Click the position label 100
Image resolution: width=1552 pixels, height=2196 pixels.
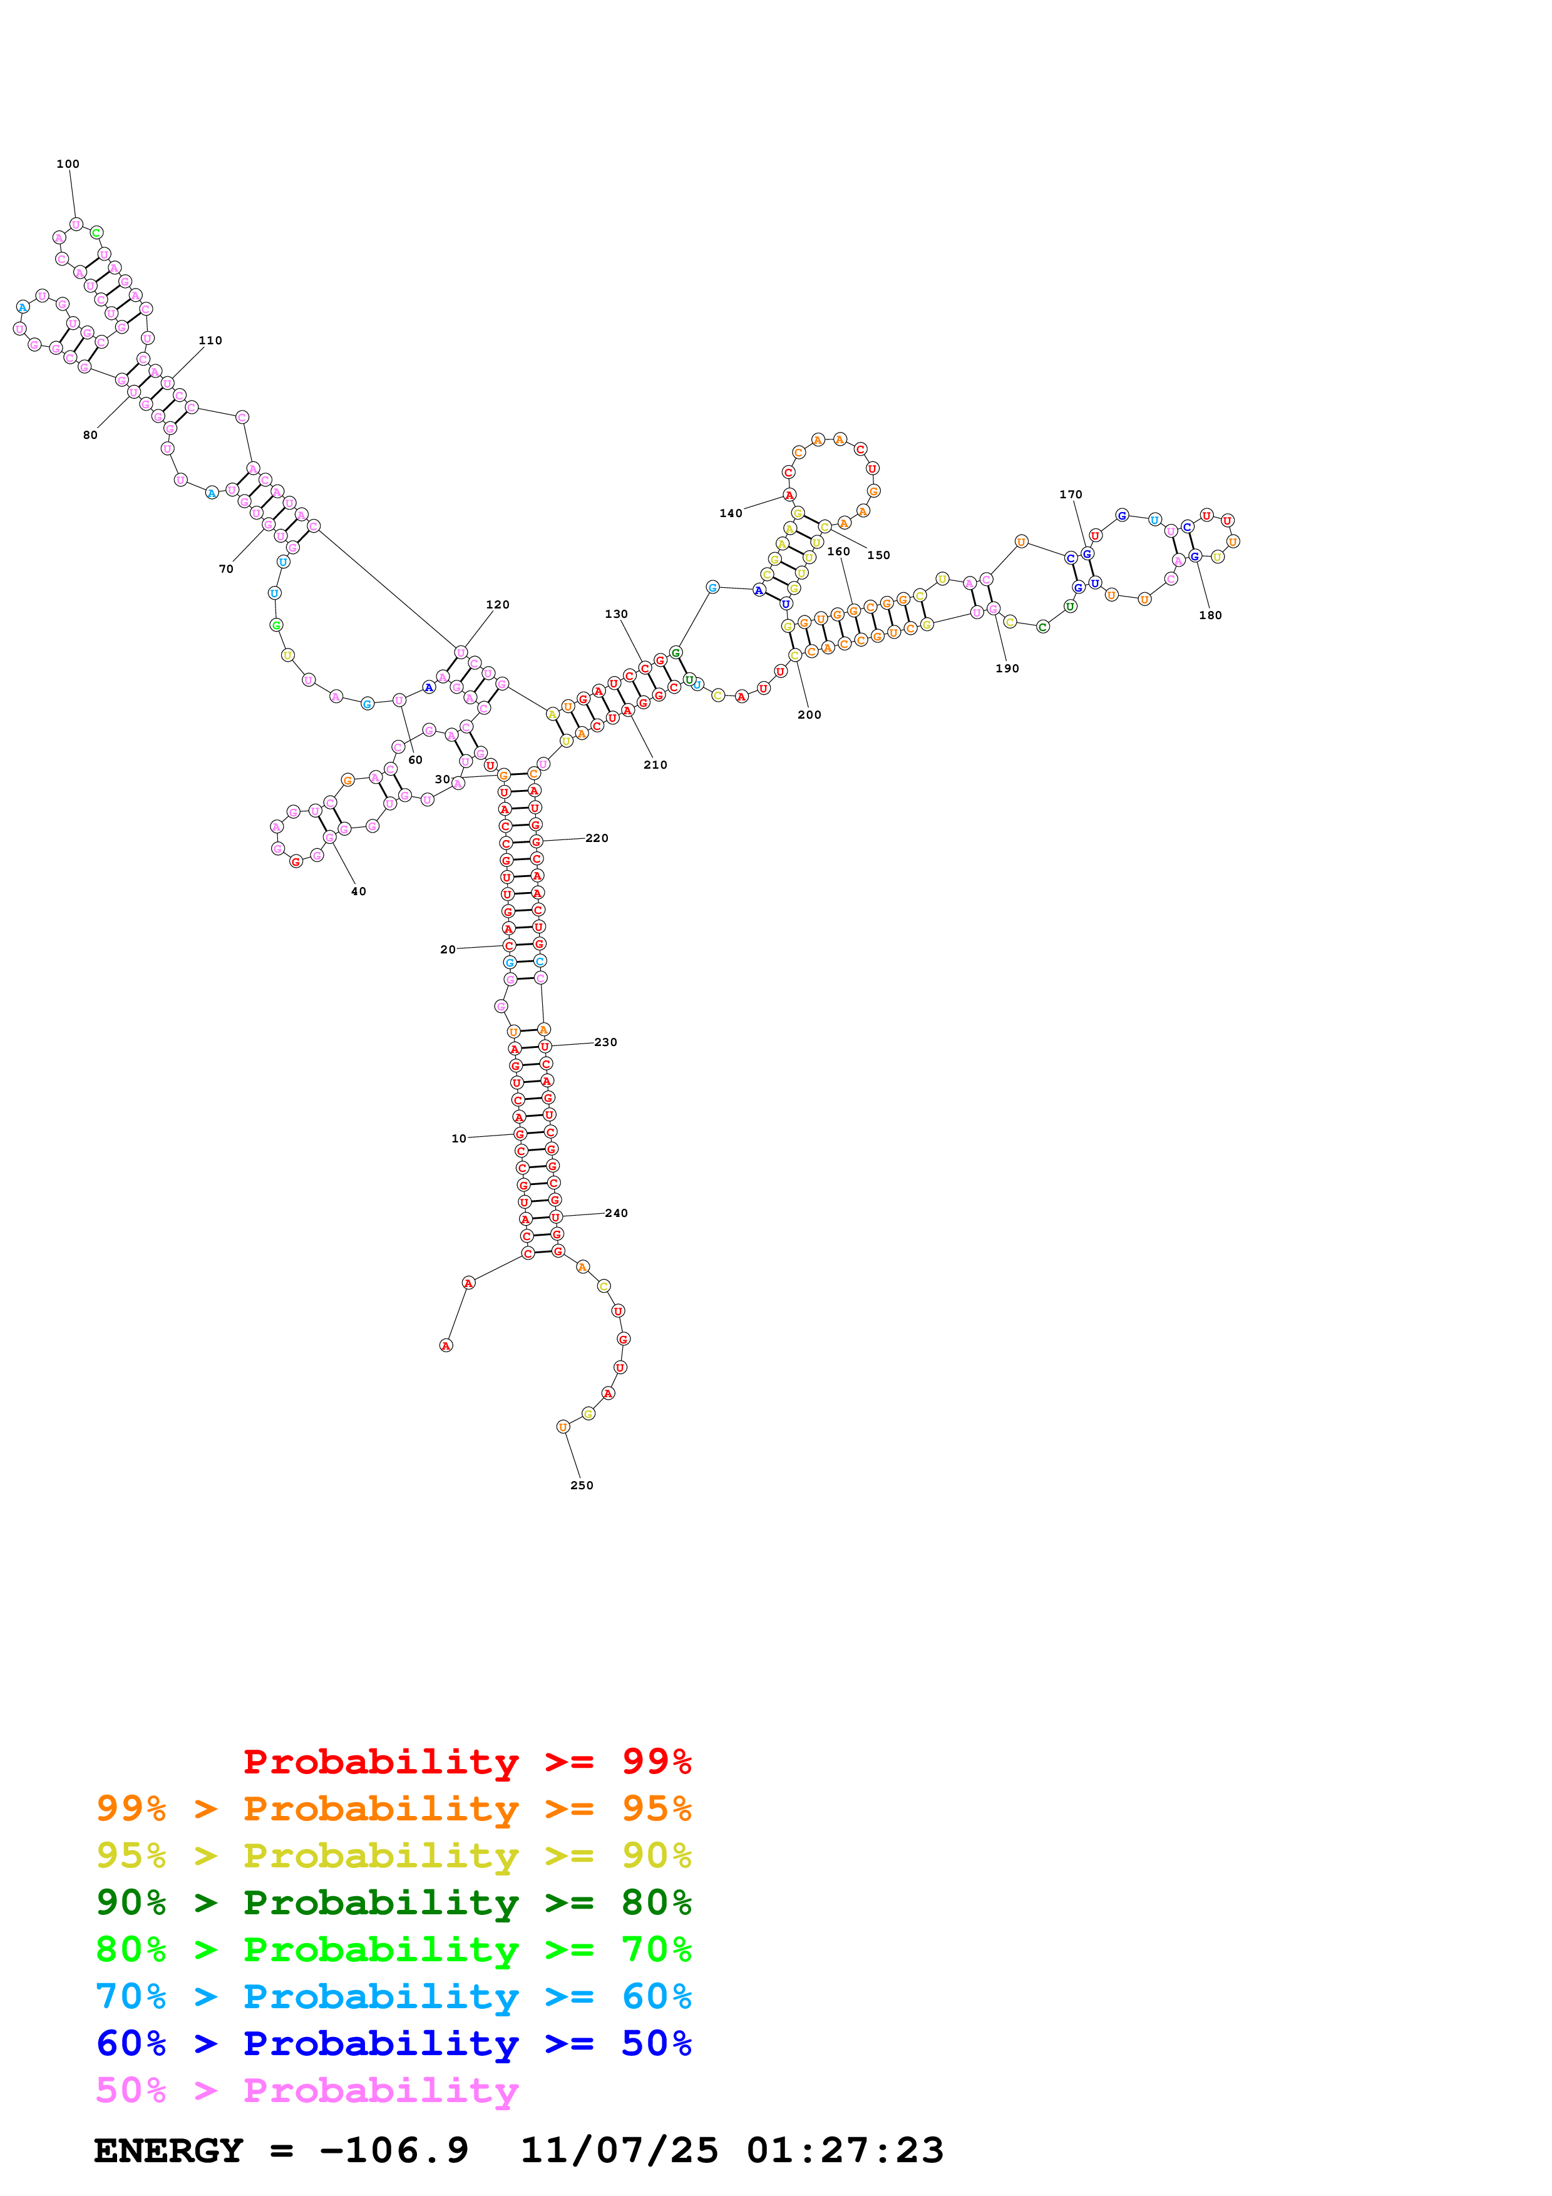pyautogui.click(x=68, y=163)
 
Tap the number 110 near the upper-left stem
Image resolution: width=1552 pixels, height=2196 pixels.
pyautogui.click(x=210, y=341)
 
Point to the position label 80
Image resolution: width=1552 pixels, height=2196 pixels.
pyautogui.click(x=90, y=435)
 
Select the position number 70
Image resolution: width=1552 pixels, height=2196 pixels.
pyautogui.click(x=225, y=569)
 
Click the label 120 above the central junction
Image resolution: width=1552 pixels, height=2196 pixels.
pyautogui.click(x=497, y=605)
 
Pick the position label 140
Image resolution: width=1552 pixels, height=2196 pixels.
pyautogui.click(x=731, y=513)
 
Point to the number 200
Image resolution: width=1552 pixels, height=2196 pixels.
pyautogui.click(x=809, y=714)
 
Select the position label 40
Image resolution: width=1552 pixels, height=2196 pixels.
pyautogui.click(x=359, y=891)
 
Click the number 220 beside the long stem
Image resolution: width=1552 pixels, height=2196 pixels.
pyautogui.click(x=597, y=838)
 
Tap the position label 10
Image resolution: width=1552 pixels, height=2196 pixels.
pyautogui.click(x=459, y=1138)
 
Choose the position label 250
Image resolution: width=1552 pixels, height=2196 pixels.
pyautogui.click(x=582, y=1485)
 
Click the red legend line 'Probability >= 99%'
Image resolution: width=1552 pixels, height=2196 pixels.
pyautogui.click(x=466, y=1761)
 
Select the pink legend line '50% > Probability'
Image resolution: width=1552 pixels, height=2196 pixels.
pyautogui.click(x=307, y=2090)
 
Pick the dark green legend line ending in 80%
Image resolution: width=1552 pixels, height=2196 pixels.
pyautogui.click(x=393, y=1902)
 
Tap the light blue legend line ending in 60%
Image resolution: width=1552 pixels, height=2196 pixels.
pyautogui.click(x=393, y=1996)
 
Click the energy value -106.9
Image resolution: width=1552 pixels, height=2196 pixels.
pyautogui.click(x=394, y=2150)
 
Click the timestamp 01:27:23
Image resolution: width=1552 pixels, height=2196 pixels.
pyautogui.click(x=845, y=2150)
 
